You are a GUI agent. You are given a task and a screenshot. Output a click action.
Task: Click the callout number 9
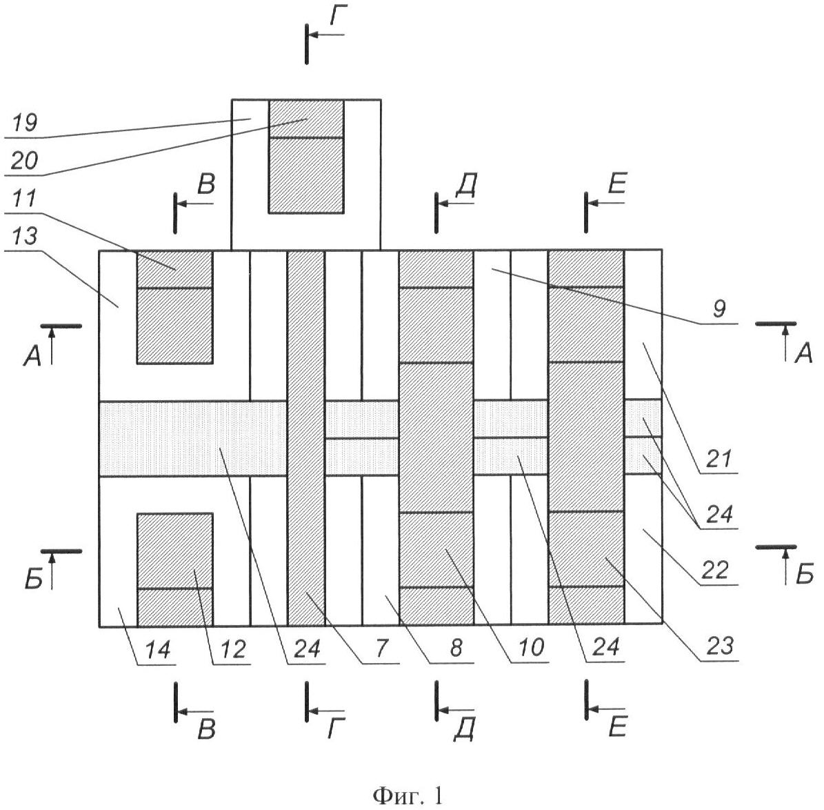point(719,309)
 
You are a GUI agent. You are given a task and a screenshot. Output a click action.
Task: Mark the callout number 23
point(719,647)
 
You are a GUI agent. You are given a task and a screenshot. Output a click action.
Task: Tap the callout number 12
point(232,649)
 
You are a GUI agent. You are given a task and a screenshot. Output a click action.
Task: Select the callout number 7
point(382,649)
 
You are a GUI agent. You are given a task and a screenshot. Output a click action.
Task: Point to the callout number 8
point(456,649)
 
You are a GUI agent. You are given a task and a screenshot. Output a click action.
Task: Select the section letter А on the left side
point(31,355)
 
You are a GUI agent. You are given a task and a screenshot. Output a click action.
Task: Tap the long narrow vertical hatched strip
point(305,438)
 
